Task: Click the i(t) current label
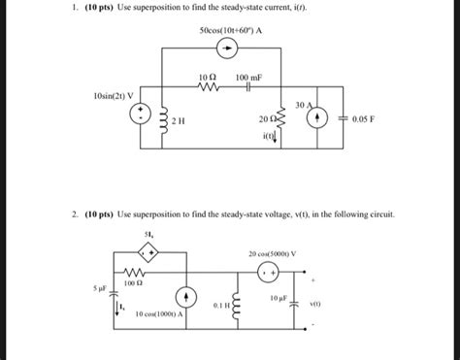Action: (267, 136)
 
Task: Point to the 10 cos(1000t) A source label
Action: (167, 314)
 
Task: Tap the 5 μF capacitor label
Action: (87, 288)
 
